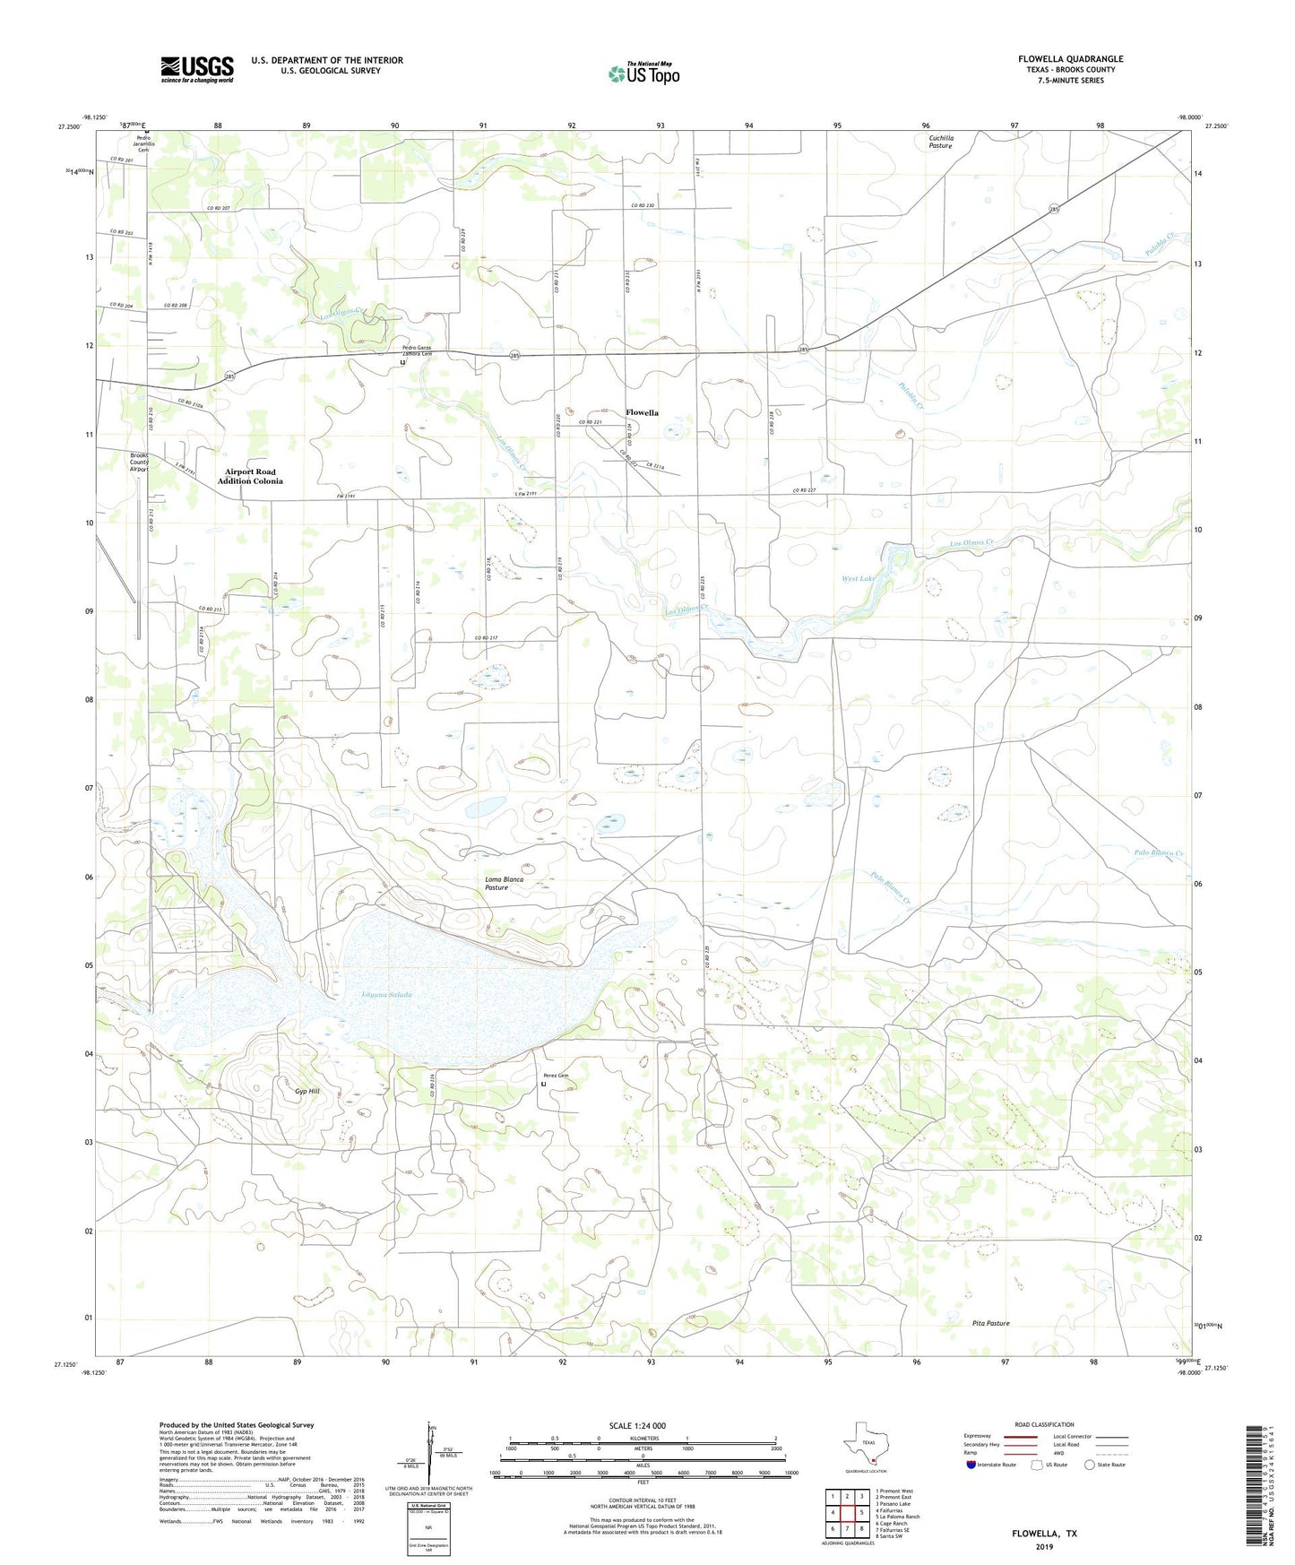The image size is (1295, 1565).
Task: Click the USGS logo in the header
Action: [197, 69]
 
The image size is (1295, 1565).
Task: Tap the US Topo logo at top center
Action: [643, 73]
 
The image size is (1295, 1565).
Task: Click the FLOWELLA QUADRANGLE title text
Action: [1070, 59]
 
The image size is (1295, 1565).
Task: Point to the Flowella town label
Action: [642, 413]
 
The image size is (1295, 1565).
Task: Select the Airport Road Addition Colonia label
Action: [250, 476]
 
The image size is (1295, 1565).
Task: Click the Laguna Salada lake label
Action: [387, 996]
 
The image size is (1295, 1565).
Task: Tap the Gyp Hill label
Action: [306, 1092]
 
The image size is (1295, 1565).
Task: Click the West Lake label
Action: [858, 579]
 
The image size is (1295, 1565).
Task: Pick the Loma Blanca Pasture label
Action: [504, 883]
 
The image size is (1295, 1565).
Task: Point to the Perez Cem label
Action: [556, 1076]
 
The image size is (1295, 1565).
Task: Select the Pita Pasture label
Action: [990, 1323]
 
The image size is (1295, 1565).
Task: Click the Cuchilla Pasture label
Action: [941, 142]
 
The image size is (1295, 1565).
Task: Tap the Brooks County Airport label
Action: [139, 462]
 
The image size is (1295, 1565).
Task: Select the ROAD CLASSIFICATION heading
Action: [1044, 1424]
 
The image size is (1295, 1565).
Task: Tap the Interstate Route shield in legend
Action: [973, 1465]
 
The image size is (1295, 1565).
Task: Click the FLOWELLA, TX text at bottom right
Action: [1044, 1534]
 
